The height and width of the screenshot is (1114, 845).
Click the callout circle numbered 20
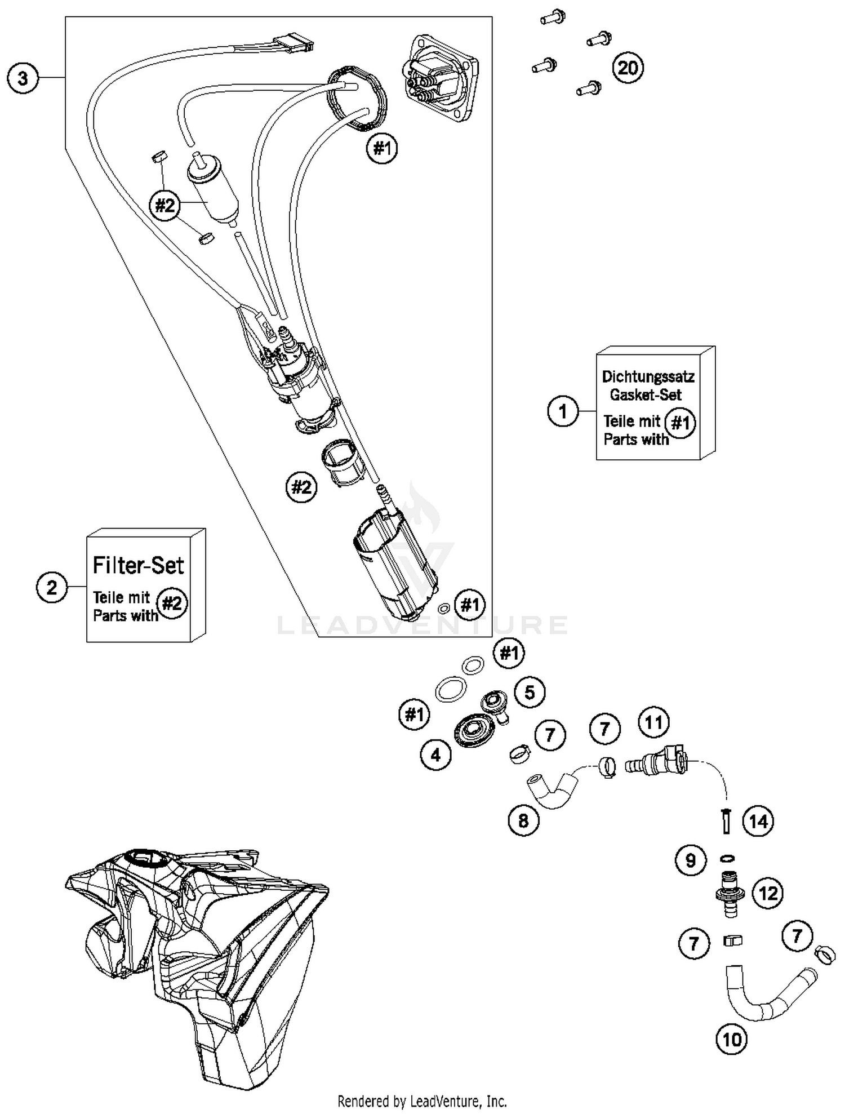coord(628,68)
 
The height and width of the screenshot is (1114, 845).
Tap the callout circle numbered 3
coord(23,78)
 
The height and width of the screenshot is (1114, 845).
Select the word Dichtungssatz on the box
coord(648,376)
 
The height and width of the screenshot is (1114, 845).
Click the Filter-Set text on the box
coord(138,565)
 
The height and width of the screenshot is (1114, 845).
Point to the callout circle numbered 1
coord(563,411)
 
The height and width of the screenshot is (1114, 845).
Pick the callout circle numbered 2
coord(52,588)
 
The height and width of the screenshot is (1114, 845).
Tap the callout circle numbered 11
coord(653,722)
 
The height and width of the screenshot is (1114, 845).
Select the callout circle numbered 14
coord(758,821)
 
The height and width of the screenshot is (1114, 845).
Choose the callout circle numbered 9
coord(691,860)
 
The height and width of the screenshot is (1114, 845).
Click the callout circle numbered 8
coord(523,820)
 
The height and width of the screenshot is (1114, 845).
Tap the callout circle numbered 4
coord(435,754)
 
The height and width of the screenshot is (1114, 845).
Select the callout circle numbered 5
coord(530,692)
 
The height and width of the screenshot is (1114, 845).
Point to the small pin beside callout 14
coord(726,820)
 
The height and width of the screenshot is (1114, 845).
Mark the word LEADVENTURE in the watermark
coord(422,624)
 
